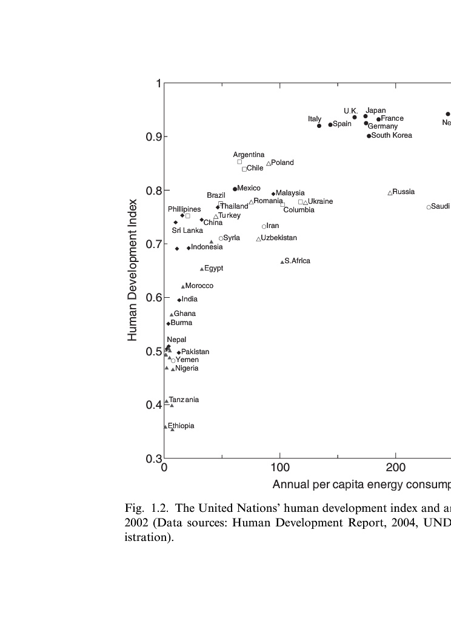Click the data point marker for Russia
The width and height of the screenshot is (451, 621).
point(390,193)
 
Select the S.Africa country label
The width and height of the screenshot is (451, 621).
point(297,261)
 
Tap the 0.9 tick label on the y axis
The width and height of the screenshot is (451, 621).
point(153,137)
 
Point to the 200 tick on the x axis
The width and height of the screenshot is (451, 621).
point(396,468)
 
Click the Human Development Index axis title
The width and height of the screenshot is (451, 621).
point(133,270)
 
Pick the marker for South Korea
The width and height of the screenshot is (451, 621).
point(369,136)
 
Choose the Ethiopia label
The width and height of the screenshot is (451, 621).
point(181,426)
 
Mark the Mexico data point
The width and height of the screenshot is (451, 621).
point(235,189)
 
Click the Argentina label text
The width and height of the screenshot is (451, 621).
point(249,155)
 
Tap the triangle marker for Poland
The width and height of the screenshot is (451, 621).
point(269,164)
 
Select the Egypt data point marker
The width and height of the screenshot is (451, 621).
point(202,269)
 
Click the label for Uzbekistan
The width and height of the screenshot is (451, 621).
point(279,238)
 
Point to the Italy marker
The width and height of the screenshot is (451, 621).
point(319,126)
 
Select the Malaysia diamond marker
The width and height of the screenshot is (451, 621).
point(273,194)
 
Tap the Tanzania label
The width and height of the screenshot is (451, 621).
point(184,400)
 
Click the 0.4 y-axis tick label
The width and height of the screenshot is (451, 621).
point(153,405)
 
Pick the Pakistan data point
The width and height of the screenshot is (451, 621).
point(179,352)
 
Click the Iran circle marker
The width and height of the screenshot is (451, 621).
point(264,227)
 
